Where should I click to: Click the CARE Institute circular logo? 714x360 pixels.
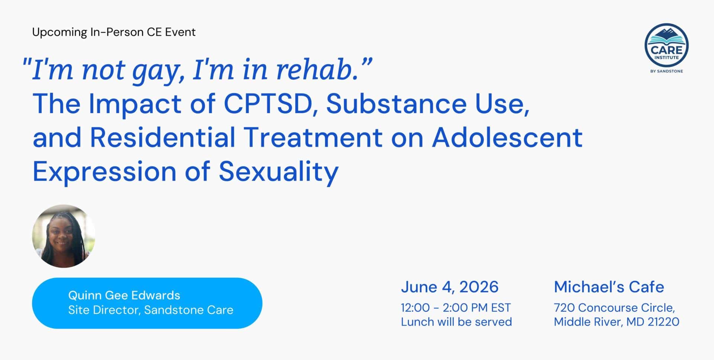(x=666, y=45)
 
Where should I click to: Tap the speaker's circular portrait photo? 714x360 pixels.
(x=64, y=236)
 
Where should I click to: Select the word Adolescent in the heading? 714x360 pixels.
(x=507, y=137)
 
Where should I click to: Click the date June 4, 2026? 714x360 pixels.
(x=450, y=287)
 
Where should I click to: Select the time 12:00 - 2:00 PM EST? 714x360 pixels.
(x=456, y=308)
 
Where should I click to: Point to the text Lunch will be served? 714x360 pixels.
(x=456, y=322)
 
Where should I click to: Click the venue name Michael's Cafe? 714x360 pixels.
(x=609, y=287)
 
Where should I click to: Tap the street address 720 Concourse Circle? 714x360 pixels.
(x=614, y=308)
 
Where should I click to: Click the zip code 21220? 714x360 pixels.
(x=663, y=322)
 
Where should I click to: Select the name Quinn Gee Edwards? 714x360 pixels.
(x=124, y=295)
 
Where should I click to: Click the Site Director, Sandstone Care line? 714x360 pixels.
(x=151, y=310)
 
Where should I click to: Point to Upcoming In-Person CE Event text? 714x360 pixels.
(x=114, y=32)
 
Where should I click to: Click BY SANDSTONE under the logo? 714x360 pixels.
(x=666, y=71)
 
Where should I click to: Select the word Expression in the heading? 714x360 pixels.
(x=104, y=172)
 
